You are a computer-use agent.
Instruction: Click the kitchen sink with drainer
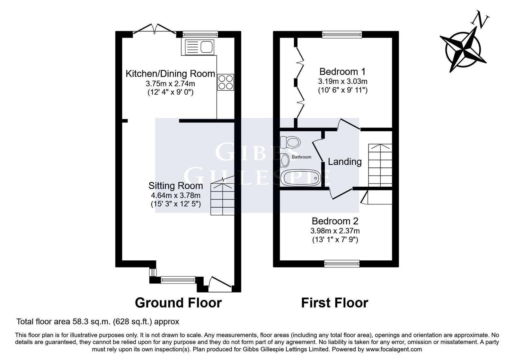pyautogui.click(x=199, y=47)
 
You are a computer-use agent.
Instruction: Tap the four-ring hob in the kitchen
pyautogui.click(x=226, y=82)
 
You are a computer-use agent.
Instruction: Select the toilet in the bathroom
pyautogui.click(x=290, y=142)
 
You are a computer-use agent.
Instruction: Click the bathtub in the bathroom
pyautogui.click(x=301, y=178)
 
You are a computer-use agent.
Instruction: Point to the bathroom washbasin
pyautogui.click(x=285, y=160)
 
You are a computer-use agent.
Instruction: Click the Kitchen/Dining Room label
pyautogui.click(x=170, y=74)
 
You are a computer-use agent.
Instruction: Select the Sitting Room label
pyautogui.click(x=175, y=186)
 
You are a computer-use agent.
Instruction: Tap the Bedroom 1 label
pyautogui.click(x=342, y=72)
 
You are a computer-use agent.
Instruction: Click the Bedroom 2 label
pyautogui.click(x=335, y=221)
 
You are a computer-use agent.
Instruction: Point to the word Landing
pyautogui.click(x=345, y=162)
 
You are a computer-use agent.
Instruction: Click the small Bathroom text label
pyautogui.click(x=302, y=157)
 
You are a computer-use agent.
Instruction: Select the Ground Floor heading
pyautogui.click(x=178, y=302)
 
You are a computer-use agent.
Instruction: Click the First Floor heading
pyautogui.click(x=334, y=302)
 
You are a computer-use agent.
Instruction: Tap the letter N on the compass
pyautogui.click(x=480, y=20)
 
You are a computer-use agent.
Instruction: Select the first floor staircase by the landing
pyautogui.click(x=380, y=165)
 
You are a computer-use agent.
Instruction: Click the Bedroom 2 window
pyautogui.click(x=342, y=264)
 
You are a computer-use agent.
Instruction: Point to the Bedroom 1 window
pyautogui.click(x=342, y=34)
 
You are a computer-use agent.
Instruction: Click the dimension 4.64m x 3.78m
pyautogui.click(x=175, y=195)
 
